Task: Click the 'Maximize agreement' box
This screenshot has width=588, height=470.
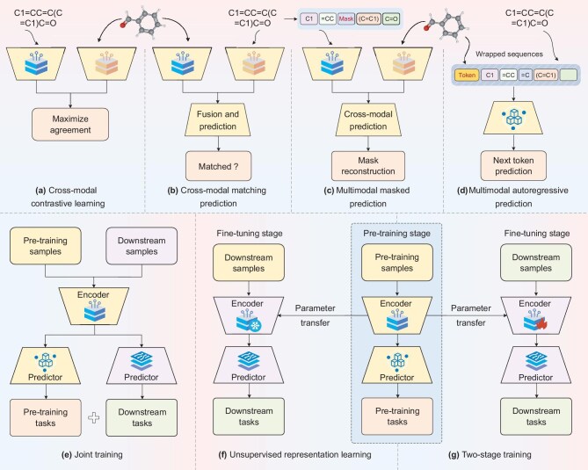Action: pyautogui.click(x=70, y=125)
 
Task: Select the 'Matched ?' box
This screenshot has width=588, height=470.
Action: pyautogui.click(x=218, y=166)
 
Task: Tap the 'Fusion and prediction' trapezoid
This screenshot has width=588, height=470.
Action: pyautogui.click(x=218, y=120)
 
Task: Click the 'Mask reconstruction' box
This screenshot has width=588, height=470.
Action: pyautogui.click(x=368, y=166)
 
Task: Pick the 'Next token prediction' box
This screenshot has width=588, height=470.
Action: pyautogui.click(x=513, y=166)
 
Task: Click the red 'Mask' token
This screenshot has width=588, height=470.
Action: pyautogui.click(x=346, y=18)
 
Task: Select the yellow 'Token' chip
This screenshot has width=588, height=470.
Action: pyautogui.click(x=467, y=75)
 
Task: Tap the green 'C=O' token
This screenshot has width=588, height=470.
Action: pyautogui.click(x=391, y=18)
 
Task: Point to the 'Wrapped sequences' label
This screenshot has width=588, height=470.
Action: pyautogui.click(x=509, y=54)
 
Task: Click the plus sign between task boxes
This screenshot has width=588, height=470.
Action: pyautogui.click(x=94, y=417)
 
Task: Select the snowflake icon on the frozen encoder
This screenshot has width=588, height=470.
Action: pyautogui.click(x=256, y=326)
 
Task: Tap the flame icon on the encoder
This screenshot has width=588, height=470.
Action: pyautogui.click(x=541, y=324)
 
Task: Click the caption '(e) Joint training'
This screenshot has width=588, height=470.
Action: pyautogui.click(x=92, y=455)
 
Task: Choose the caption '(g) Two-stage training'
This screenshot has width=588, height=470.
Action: pyautogui.click(x=490, y=455)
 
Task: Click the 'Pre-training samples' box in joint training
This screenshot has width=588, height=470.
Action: pyautogui.click(x=46, y=246)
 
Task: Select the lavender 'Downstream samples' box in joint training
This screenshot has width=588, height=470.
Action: pyautogui.click(x=142, y=246)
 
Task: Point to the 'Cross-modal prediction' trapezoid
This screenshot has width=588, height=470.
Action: pyautogui.click(x=368, y=120)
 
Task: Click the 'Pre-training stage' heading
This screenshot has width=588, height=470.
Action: pyautogui.click(x=396, y=233)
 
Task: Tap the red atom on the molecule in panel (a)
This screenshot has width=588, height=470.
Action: pyautogui.click(x=123, y=25)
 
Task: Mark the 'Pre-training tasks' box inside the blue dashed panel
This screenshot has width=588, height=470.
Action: pyautogui.click(x=397, y=416)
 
